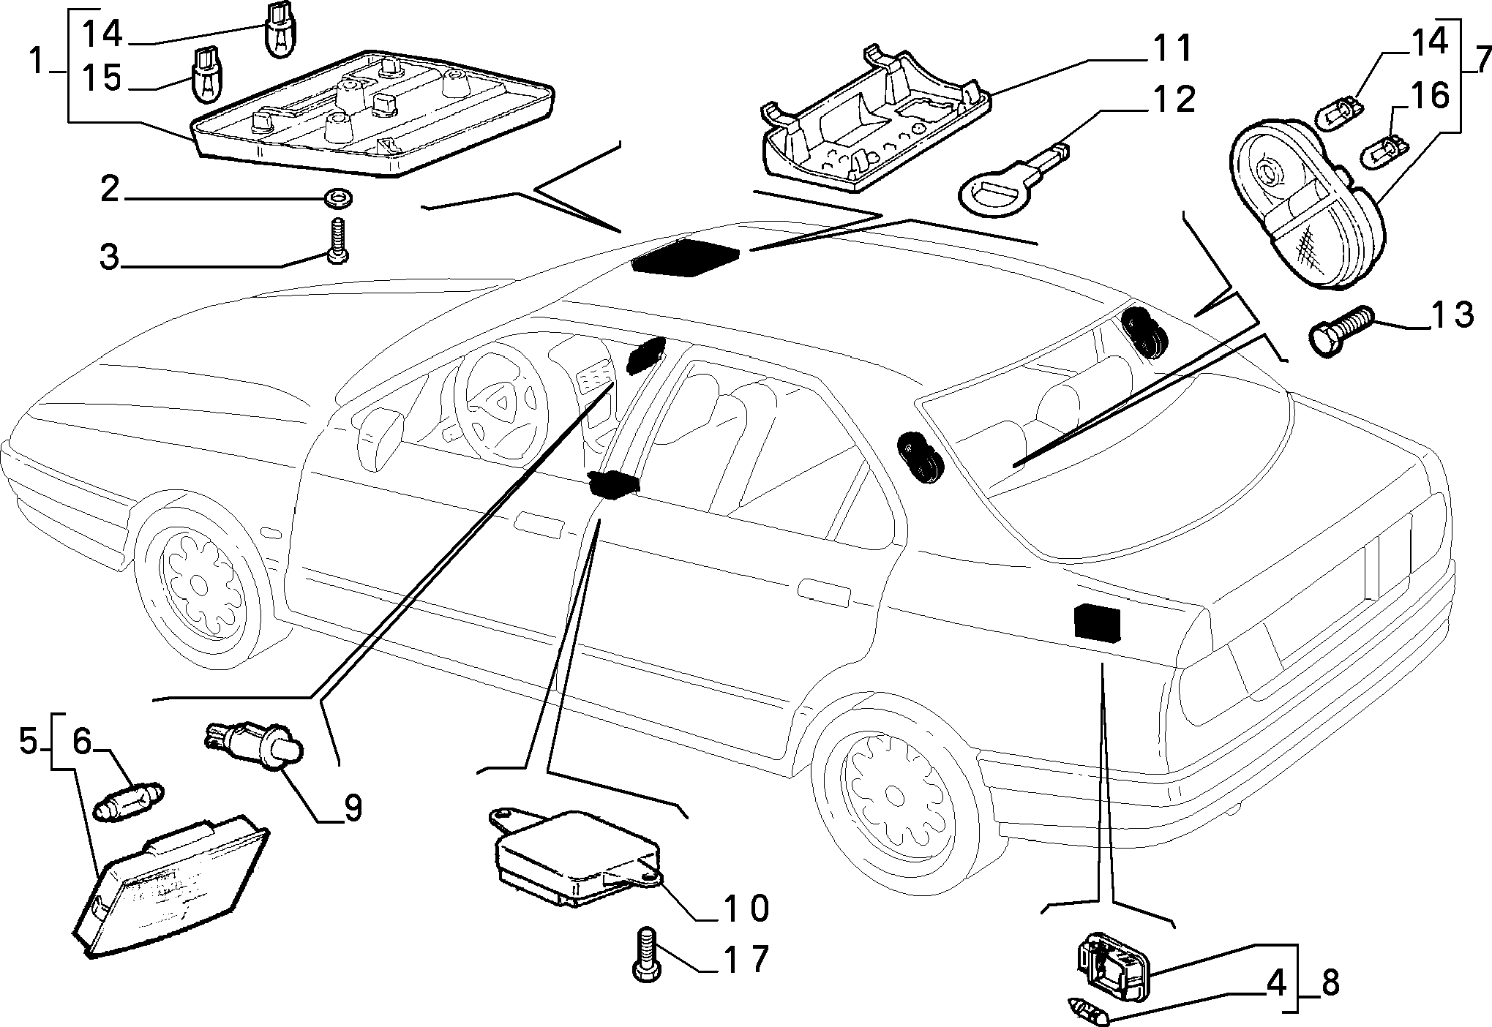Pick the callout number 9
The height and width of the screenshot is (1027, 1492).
[353, 808]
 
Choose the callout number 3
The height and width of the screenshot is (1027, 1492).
[109, 257]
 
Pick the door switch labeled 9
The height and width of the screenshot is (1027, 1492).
[255, 744]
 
